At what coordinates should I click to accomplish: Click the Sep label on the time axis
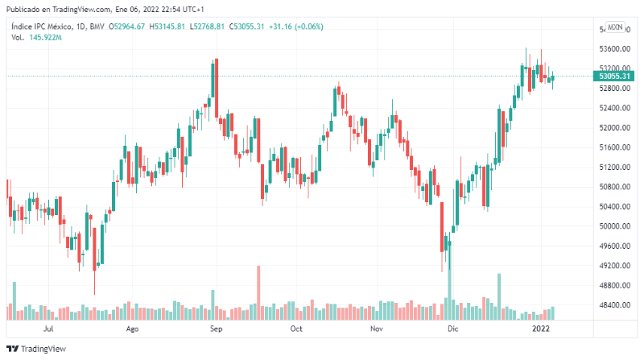pos(215,329)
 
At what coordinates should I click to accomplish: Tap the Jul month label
pos(48,329)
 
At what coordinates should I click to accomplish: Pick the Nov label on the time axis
pos(376,329)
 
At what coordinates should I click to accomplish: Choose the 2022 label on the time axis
pos(541,329)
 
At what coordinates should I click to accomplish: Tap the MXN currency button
pos(615,27)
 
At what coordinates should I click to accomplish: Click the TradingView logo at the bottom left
pos(36,350)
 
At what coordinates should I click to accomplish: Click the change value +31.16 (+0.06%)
pos(297,27)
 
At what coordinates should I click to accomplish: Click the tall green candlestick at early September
pos(214,89)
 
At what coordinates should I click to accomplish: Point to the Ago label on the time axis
pos(133,329)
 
